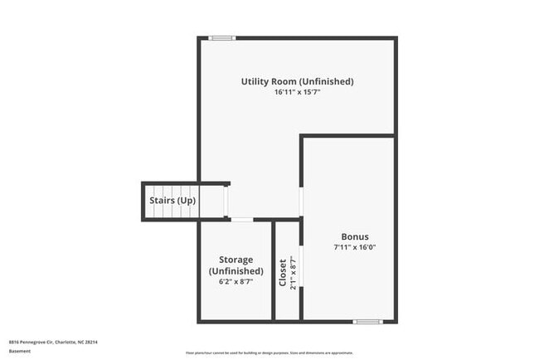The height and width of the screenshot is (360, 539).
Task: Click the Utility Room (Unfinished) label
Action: pyautogui.click(x=297, y=81)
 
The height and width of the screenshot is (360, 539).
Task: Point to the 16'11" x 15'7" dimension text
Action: pyautogui.click(x=297, y=93)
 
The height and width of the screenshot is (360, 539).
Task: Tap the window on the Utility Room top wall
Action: pyautogui.click(x=221, y=37)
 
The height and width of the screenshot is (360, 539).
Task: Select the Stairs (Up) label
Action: pyautogui.click(x=172, y=201)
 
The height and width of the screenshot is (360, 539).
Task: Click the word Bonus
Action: pyautogui.click(x=355, y=236)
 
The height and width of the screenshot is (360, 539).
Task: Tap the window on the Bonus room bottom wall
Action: pyautogui.click(x=367, y=321)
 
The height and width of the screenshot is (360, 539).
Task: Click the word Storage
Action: pyautogui.click(x=236, y=260)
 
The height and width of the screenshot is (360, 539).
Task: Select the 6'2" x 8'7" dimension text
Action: pyautogui.click(x=236, y=282)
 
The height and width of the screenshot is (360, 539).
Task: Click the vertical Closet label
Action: pyautogui.click(x=282, y=273)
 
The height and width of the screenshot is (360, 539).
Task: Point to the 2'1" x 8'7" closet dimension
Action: pyautogui.click(x=293, y=273)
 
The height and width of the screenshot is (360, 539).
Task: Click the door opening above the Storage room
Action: pyautogui.click(x=241, y=220)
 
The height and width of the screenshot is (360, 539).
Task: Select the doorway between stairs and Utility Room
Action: pyautogui.click(x=227, y=201)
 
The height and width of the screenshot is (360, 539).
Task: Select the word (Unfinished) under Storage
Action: pyautogui.click(x=236, y=271)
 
